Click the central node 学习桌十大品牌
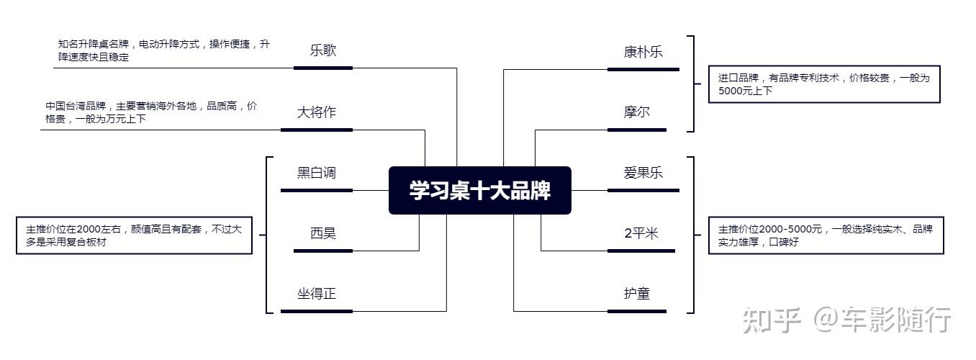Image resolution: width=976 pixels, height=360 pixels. coord(479,191)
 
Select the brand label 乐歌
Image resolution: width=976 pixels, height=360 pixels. coord(323,51)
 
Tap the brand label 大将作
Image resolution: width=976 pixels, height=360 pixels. coord(317,112)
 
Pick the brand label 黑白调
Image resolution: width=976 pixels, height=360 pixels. coord(317,173)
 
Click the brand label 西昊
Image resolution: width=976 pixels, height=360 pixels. coord(323,233)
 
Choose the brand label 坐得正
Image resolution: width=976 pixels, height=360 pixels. coord(317,294)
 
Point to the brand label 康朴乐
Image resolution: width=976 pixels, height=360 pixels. coord(643,52)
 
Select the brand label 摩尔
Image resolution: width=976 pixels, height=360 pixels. coord(637,112)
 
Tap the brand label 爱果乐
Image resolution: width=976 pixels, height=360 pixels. coord(643,173)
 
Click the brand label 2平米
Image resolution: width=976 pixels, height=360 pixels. coord(641,233)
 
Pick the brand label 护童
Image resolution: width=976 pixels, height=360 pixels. coord(637,294)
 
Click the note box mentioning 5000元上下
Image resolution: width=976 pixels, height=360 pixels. coord(824,84)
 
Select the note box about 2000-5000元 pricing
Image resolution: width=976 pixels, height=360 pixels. coord(826,235)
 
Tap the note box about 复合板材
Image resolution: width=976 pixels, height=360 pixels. coord(135,235)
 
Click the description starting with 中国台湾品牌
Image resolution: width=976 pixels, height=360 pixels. coord(151,112)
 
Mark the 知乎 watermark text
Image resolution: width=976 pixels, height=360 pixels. coord(772,320)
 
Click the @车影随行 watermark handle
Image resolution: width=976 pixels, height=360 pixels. coord(882,320)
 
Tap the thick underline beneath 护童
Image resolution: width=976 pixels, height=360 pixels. coord(637,311)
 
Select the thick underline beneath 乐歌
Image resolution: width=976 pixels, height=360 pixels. coord(323,68)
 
